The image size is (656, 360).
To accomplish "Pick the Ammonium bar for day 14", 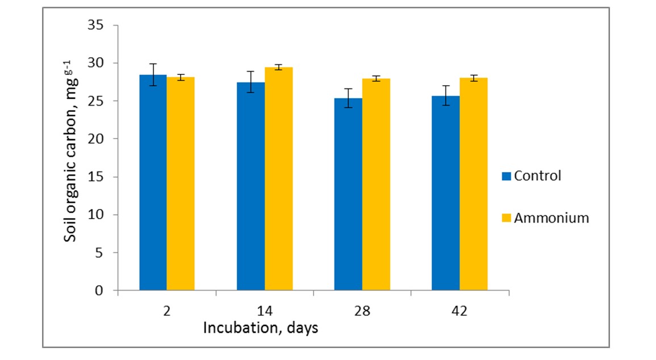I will [x=278, y=179].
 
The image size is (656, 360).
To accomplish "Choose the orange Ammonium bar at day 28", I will [x=376, y=185].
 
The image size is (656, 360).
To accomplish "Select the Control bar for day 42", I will [x=445, y=193].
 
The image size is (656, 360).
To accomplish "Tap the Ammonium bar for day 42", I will [x=474, y=184].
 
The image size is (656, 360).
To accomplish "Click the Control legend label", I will [x=537, y=175].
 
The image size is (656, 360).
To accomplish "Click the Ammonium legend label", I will [x=551, y=218].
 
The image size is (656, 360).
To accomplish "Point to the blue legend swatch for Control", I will [x=507, y=176].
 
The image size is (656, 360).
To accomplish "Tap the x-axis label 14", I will [x=265, y=311].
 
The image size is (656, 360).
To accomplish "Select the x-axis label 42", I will [x=459, y=311].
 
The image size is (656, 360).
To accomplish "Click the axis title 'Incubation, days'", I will [x=261, y=328].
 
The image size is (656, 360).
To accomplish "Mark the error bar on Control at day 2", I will [x=153, y=74].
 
